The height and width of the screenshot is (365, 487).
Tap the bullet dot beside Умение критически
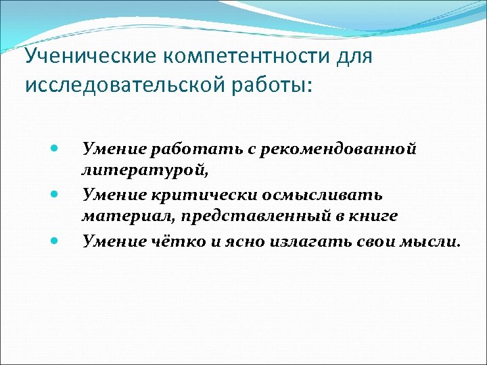[x=55, y=195]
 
